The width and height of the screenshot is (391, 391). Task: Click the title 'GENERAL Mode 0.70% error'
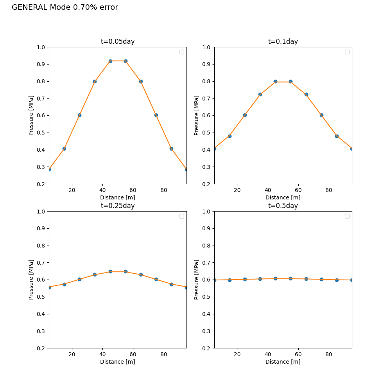coord(65,7)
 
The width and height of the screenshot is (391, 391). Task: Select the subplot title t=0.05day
coord(118,41)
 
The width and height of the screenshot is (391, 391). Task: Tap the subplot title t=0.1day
coord(283,41)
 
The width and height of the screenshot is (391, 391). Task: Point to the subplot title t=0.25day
coord(118,206)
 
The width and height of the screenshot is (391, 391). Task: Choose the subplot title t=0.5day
coord(283,206)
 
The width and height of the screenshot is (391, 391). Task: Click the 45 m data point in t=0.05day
coord(111,61)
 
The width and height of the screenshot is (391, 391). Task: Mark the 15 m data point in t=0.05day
coord(65,149)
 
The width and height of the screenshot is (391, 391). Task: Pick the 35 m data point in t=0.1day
coord(260,95)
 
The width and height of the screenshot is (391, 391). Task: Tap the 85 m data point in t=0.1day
coord(337,136)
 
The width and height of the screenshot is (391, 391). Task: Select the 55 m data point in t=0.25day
coord(126,272)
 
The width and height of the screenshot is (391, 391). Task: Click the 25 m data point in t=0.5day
coord(245,279)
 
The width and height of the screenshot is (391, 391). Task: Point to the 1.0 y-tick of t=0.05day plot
coord(41,47)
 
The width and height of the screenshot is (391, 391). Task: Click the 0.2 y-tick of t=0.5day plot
coord(206,348)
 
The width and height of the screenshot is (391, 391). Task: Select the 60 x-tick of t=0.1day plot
coord(298,190)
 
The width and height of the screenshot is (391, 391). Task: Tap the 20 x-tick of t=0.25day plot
coord(72,354)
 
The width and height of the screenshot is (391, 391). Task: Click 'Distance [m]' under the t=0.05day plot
coord(118,197)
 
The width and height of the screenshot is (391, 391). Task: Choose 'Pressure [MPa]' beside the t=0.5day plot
coord(197,280)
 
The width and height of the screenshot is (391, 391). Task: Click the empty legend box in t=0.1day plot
coord(347,52)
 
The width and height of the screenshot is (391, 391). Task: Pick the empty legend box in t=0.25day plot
coord(182,216)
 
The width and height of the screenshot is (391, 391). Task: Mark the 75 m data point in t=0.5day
coord(322,279)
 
